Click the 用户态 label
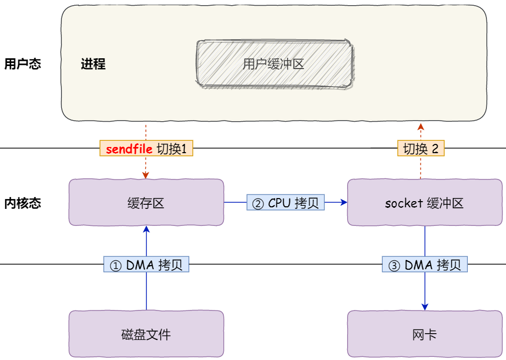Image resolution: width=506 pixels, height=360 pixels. [23, 64]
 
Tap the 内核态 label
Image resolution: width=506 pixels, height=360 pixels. [23, 203]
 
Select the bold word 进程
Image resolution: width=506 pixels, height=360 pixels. [93, 64]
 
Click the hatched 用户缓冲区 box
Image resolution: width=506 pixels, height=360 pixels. [274, 63]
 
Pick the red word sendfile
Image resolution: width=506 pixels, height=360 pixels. [129, 149]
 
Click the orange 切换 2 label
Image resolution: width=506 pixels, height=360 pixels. [421, 149]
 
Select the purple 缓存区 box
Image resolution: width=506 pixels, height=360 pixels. [146, 202]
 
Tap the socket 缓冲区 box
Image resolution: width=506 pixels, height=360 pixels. [425, 202]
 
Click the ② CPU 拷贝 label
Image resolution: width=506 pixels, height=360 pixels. [286, 203]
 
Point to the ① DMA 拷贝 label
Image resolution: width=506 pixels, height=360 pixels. [146, 264]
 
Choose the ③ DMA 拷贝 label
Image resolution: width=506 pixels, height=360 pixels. [425, 264]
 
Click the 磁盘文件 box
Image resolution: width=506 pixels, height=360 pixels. [146, 334]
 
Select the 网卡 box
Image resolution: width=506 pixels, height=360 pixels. [425, 334]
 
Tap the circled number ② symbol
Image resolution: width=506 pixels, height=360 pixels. [258, 204]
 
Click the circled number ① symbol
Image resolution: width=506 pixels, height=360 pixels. [116, 266]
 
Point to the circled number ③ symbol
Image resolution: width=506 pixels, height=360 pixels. [394, 266]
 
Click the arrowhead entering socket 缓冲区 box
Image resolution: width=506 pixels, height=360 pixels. [344, 202]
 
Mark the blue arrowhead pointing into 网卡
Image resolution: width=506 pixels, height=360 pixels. [425, 307]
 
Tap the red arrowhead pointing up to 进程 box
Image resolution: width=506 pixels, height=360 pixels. [420, 127]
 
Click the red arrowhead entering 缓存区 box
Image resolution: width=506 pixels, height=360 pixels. [145, 175]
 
